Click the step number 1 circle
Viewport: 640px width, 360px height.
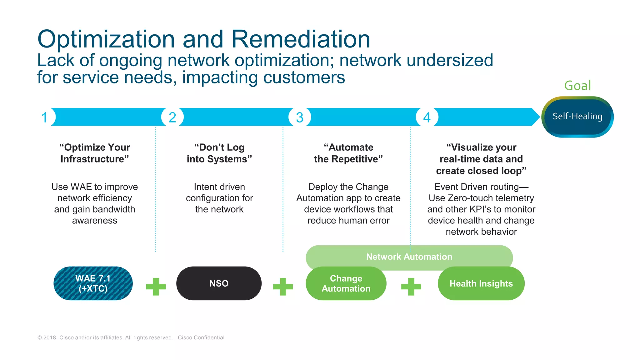(x=45, y=117)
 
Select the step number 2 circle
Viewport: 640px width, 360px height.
(x=172, y=117)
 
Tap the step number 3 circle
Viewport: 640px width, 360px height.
(x=300, y=117)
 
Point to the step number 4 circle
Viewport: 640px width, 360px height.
(x=427, y=117)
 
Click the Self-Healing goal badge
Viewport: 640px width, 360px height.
(x=577, y=117)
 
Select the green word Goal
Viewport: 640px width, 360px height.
(x=577, y=86)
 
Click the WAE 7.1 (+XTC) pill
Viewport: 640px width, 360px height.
(x=93, y=283)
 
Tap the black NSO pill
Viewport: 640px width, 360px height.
(x=219, y=283)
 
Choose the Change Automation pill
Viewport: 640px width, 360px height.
(x=346, y=283)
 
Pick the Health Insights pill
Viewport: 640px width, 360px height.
(x=481, y=283)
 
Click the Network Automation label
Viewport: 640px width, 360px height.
(x=409, y=257)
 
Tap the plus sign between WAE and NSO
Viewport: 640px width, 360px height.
(x=156, y=286)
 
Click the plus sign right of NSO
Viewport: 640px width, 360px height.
(x=283, y=286)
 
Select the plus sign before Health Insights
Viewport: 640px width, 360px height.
(x=411, y=286)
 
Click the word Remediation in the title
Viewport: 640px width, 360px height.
(x=300, y=39)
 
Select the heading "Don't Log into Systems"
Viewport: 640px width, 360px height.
(x=219, y=153)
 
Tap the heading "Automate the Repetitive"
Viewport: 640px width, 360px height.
(x=348, y=153)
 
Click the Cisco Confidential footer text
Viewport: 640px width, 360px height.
(x=201, y=337)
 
